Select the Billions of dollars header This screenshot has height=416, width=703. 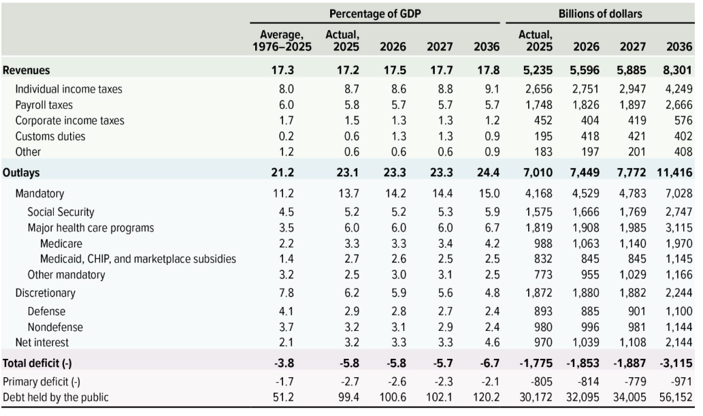click(600, 14)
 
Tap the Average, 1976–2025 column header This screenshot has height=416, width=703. click(282, 40)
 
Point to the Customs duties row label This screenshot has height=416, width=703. click(50, 136)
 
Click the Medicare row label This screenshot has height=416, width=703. click(61, 244)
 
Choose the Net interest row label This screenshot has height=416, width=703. click(42, 342)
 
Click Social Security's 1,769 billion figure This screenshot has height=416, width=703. click(631, 212)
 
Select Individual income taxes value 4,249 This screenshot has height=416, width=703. click(679, 89)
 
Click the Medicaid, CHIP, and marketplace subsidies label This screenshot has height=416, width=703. click(138, 259)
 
